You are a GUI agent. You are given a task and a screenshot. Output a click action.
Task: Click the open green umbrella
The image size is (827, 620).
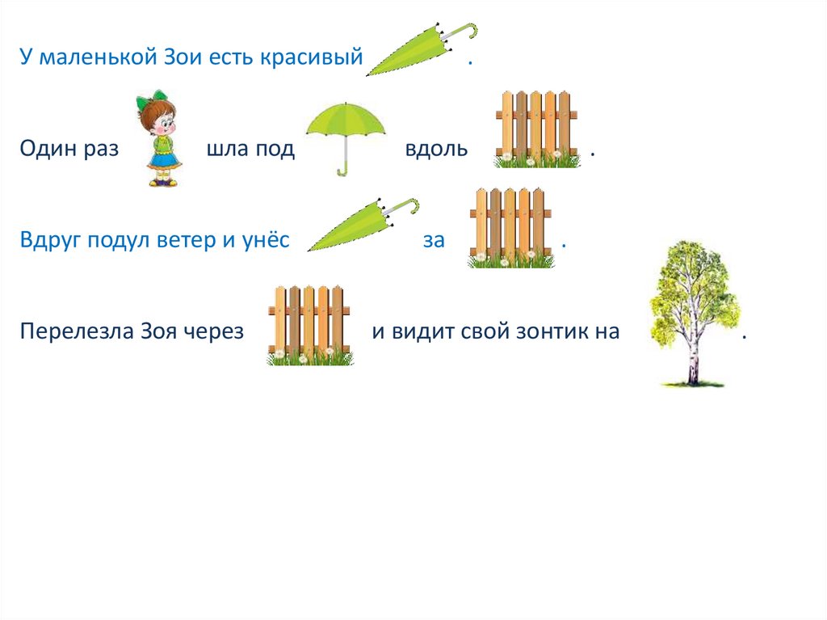point(346,129)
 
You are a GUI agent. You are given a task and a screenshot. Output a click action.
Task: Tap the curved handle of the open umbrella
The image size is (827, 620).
point(344,169)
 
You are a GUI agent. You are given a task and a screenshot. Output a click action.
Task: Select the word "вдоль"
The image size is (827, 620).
point(436,150)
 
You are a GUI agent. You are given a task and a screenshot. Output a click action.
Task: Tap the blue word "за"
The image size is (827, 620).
point(434,241)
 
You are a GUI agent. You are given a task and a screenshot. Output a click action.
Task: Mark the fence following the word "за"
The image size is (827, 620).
point(510,228)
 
